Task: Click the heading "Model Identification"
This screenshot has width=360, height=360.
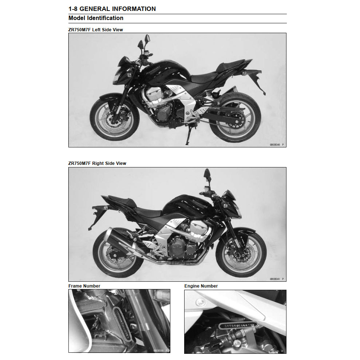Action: (96, 18)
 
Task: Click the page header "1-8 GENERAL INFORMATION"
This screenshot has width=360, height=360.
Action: (112, 9)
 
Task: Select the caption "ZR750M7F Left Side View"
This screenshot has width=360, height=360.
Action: (96, 30)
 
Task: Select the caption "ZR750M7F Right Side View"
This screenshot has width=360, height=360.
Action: (97, 163)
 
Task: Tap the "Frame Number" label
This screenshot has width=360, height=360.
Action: (84, 286)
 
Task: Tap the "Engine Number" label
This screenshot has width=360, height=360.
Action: (201, 286)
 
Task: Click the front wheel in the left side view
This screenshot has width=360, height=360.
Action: (114, 119)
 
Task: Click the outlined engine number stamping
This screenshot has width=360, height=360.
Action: (237, 324)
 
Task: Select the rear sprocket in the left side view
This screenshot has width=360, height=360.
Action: (234, 118)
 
